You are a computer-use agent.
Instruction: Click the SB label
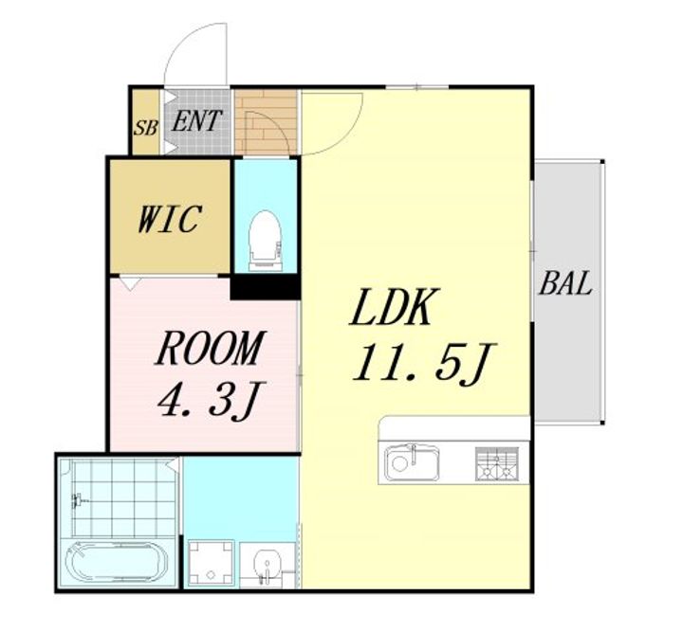pyautogui.click(x=145, y=128)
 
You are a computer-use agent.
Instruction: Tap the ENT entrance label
pyautogui.click(x=197, y=120)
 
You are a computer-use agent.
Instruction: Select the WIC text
pyautogui.click(x=170, y=218)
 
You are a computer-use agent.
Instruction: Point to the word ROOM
pyautogui.click(x=210, y=348)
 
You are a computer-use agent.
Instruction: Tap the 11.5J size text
pyautogui.click(x=424, y=362)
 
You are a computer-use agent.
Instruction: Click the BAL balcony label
pyautogui.click(x=565, y=282)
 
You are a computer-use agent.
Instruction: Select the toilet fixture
pyautogui.click(x=264, y=241)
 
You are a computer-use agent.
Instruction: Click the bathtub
pyautogui.click(x=117, y=562)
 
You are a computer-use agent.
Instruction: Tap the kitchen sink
pyautogui.click(x=412, y=462)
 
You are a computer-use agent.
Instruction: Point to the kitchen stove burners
pyautogui.click(x=497, y=463)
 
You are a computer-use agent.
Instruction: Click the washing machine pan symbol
pyautogui.click(x=212, y=562)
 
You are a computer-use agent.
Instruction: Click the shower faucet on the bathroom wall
pyautogui.click(x=79, y=500)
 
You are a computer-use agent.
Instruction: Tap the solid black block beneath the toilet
pyautogui.click(x=265, y=287)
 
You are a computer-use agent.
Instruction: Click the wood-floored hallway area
pyautogui.click(x=266, y=122)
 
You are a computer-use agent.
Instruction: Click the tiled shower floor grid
pyautogui.click(x=124, y=498)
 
